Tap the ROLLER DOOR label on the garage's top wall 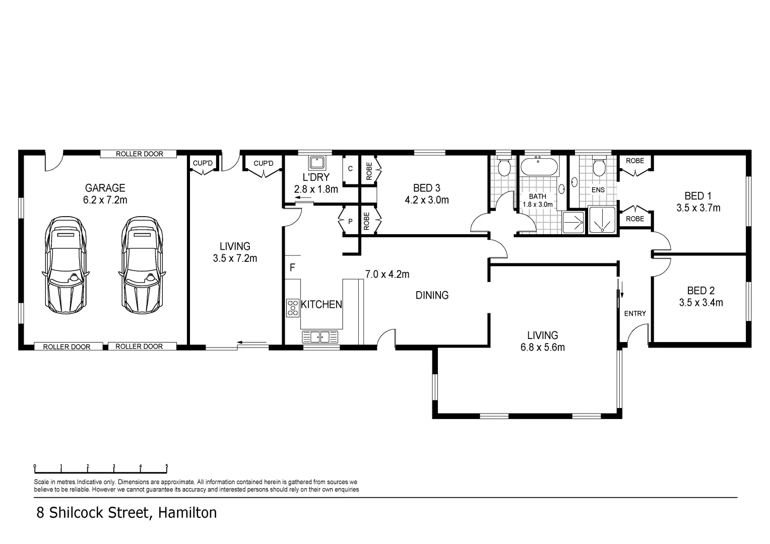[139, 154]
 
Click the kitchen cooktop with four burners [292, 308]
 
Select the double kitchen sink [319, 336]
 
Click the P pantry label [350, 222]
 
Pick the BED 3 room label [426, 188]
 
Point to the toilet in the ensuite [598, 167]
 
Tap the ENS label [598, 190]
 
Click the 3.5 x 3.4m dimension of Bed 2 [700, 303]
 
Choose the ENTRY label [634, 313]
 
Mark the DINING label [432, 295]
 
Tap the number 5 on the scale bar [167, 466]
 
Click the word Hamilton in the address [187, 513]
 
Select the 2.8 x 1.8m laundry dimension [315, 189]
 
